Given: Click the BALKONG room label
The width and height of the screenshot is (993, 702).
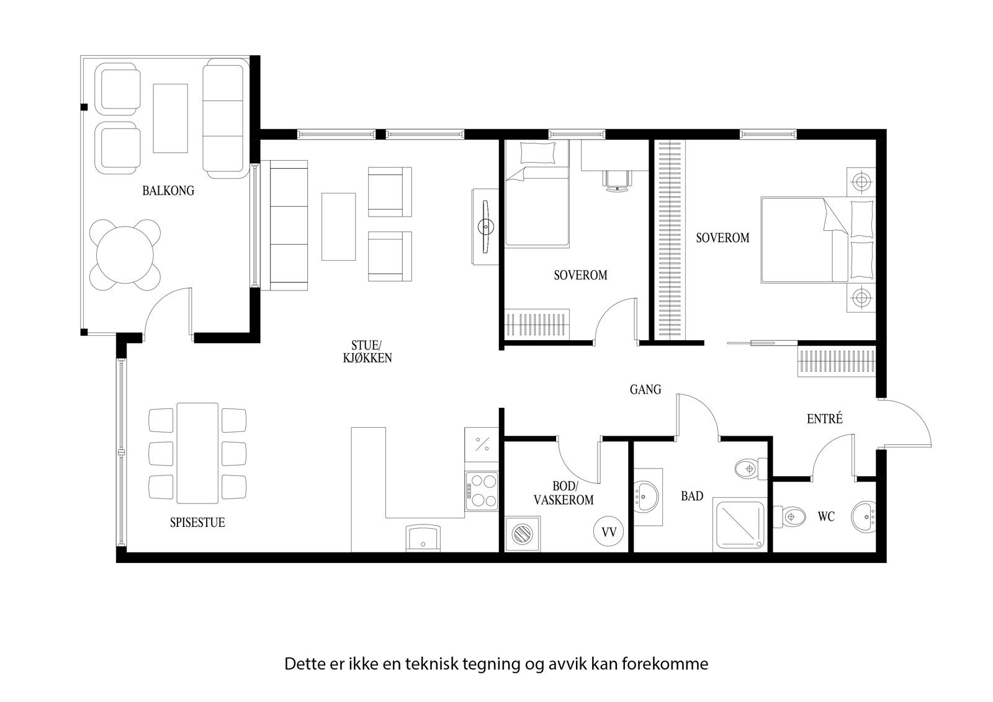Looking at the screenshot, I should tap(168, 191).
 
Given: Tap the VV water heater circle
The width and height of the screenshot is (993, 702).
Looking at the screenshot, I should tap(609, 532).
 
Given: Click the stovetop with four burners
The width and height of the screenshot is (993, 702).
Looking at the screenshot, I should tap(482, 490).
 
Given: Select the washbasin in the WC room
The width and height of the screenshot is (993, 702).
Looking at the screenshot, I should tap(863, 516).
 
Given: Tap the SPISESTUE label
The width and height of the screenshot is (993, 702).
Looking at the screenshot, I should tap(197, 523).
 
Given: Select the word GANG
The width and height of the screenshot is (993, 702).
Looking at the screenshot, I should tap(645, 390).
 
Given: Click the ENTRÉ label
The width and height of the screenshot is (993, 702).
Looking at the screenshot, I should tap(824, 419).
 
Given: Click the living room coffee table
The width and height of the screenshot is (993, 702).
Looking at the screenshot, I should tap(338, 226).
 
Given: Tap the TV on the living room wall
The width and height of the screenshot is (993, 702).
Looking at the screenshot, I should tap(485, 227).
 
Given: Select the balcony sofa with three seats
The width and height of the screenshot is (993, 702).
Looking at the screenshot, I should tap(223, 118).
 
